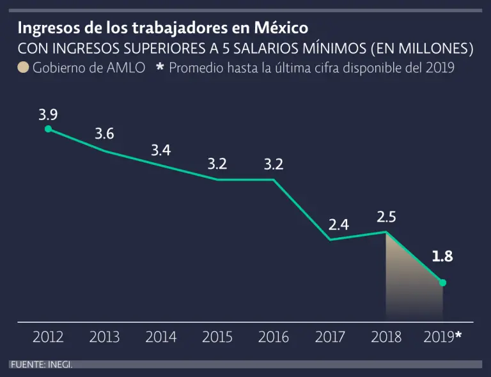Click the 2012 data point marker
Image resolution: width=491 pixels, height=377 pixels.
48,129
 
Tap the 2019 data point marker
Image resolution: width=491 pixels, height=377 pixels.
442,282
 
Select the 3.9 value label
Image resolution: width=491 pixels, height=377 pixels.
48,115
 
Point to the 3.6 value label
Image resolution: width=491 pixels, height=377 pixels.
104,134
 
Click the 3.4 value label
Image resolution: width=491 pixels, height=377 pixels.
160,151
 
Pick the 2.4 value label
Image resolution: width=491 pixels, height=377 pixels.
339,225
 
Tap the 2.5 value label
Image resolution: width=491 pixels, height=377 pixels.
386,217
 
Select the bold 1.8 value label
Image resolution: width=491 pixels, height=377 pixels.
442,257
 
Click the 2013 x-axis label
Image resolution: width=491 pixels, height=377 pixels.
104,337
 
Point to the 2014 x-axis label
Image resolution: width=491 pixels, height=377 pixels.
160,337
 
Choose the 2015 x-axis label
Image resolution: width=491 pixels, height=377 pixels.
217,337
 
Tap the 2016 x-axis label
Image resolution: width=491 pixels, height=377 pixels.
274,337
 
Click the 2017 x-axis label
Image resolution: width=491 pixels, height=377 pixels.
330,337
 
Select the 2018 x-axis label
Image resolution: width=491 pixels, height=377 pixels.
386,337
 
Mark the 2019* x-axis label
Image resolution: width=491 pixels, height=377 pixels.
442,337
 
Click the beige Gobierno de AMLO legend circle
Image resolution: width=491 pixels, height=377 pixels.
23,67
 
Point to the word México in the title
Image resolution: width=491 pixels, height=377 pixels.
281,29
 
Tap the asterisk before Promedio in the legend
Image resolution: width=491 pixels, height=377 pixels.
160,66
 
